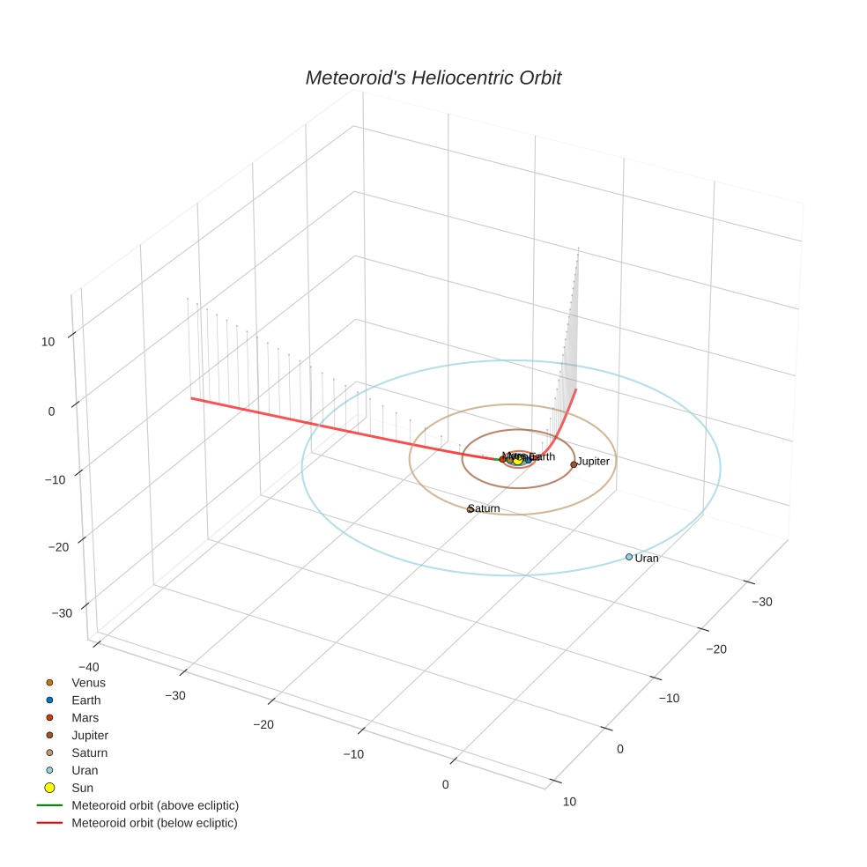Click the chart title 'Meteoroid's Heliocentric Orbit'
point(433,78)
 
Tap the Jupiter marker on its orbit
point(574,464)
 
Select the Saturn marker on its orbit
point(471,509)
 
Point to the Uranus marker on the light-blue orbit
point(628,557)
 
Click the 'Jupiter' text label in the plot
point(594,462)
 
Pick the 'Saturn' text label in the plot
point(485,509)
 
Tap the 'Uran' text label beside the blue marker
point(647,559)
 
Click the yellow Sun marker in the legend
point(50,788)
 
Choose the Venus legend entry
point(88,683)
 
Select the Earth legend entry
point(86,700)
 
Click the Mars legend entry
point(85,718)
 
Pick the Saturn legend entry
point(89,753)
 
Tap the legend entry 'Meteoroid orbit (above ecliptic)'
point(155,805)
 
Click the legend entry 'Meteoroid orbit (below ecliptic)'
point(154,823)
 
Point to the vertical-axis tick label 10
point(48,342)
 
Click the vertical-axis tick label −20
point(57,547)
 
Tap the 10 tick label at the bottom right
point(569,802)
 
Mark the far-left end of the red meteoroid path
point(192,398)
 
